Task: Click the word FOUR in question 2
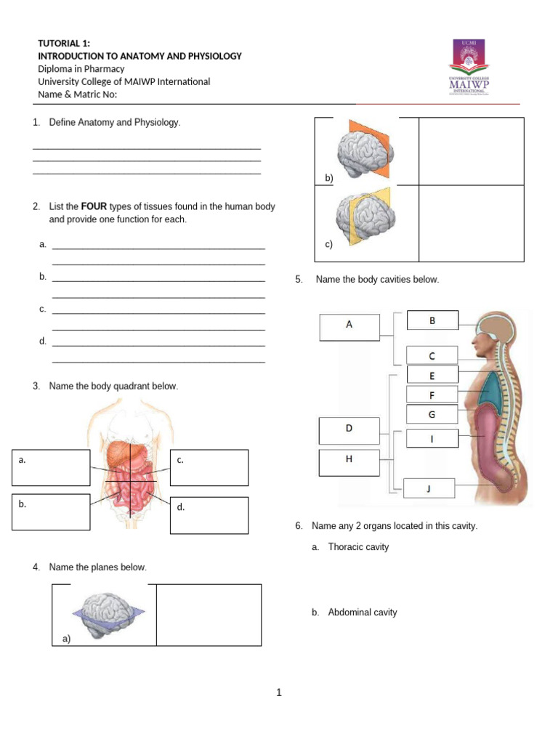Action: [x=94, y=206]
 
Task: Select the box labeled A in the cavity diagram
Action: [x=349, y=327]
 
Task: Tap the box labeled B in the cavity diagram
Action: [x=432, y=320]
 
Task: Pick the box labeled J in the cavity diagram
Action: [x=428, y=489]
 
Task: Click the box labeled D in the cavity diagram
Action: [x=349, y=430]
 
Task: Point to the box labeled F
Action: [x=432, y=395]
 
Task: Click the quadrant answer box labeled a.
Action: [x=51, y=468]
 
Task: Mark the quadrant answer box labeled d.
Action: [x=209, y=515]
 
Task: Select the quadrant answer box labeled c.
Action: [x=209, y=468]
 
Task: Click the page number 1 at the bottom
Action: [x=278, y=693]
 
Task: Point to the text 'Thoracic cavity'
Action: [x=358, y=547]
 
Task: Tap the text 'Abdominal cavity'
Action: [x=363, y=612]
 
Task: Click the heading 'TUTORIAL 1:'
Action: [x=64, y=44]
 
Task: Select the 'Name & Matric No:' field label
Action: [x=77, y=94]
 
